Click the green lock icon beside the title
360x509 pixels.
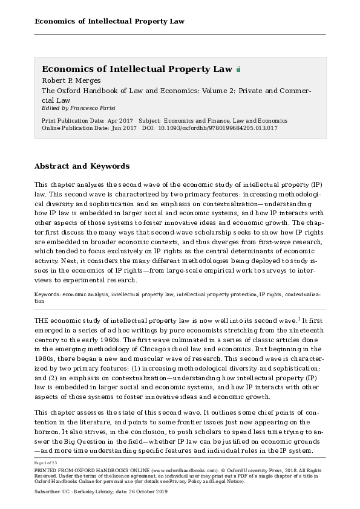(239, 70)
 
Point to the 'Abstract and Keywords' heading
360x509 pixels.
(82, 166)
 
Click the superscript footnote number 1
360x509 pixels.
(299, 318)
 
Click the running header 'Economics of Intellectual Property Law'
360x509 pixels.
(110, 22)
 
